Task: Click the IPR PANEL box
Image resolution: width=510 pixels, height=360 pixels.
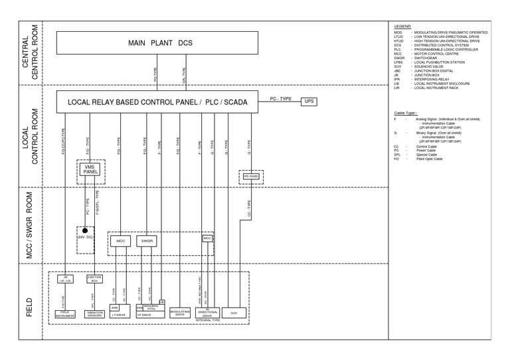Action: [x=251, y=177]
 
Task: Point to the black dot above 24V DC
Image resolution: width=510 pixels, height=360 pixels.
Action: [x=84, y=230]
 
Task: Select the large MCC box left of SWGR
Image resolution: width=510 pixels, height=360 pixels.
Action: [x=120, y=240]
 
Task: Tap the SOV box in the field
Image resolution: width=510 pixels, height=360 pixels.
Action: [x=233, y=312]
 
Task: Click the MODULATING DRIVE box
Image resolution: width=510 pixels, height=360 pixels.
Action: [x=181, y=312]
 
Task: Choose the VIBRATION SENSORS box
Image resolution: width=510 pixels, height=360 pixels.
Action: [x=94, y=312]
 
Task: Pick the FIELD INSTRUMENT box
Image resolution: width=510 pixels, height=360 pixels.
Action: [x=65, y=312]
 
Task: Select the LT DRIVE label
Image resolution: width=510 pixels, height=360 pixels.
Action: [x=120, y=315]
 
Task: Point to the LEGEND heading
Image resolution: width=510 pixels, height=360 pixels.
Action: [x=402, y=25]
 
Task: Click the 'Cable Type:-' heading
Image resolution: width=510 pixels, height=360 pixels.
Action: [x=406, y=113]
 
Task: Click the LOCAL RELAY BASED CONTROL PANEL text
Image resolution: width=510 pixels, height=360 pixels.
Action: [x=132, y=102]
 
